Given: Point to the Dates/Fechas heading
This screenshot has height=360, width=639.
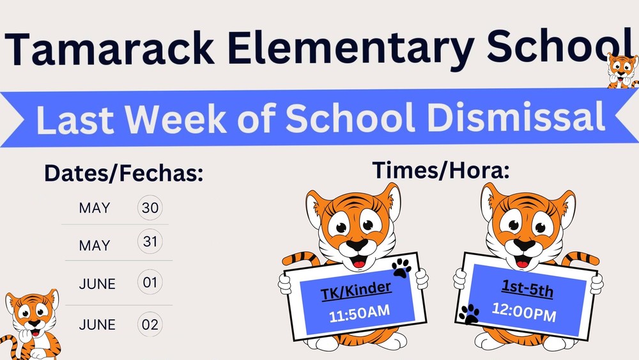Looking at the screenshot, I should pyautogui.click(x=123, y=173).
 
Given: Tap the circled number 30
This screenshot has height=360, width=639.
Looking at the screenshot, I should pyautogui.click(x=150, y=208).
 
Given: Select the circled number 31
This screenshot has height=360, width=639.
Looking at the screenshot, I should pyautogui.click(x=150, y=242).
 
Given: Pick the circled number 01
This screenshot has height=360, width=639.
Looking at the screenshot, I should pyautogui.click(x=150, y=283).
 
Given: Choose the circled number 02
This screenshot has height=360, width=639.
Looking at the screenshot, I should pyautogui.click(x=150, y=324).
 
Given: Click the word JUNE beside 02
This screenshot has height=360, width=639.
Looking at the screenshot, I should pyautogui.click(x=97, y=325).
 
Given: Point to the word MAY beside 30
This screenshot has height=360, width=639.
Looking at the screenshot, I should pyautogui.click(x=94, y=208).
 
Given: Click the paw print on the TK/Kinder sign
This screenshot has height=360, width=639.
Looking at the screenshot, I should pyautogui.click(x=402, y=269).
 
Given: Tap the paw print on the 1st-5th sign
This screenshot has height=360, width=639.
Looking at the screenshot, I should pyautogui.click(x=468, y=313).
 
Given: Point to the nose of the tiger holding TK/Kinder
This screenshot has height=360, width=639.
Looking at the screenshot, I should pyautogui.click(x=356, y=246).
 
